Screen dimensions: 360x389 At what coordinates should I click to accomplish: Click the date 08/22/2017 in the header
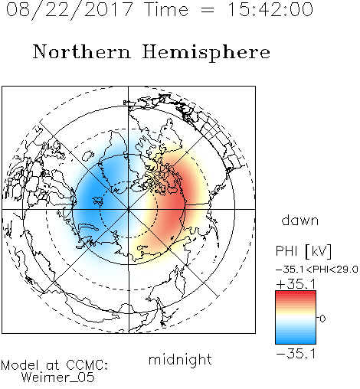tap(69, 10)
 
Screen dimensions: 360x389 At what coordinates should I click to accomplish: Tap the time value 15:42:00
tap(270, 9)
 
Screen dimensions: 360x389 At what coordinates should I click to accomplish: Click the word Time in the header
tap(166, 9)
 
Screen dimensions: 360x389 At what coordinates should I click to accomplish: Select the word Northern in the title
tap(82, 51)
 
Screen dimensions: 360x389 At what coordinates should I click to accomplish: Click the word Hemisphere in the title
tap(206, 53)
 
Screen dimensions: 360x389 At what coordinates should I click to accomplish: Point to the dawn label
tap(300, 220)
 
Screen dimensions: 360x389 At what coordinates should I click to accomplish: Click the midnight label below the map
tap(180, 360)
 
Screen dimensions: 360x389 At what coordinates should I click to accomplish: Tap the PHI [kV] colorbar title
tap(303, 251)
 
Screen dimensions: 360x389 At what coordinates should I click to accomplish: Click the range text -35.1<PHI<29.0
tap(317, 270)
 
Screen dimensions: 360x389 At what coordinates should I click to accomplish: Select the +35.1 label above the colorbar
tap(296, 284)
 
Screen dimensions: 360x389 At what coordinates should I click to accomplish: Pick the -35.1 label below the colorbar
tap(296, 354)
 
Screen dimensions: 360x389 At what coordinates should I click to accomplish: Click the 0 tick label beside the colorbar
tap(322, 319)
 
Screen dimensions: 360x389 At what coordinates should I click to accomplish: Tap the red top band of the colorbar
tap(296, 294)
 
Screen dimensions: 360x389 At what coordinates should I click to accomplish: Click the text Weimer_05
tap(58, 378)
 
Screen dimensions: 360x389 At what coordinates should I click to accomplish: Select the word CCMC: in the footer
tap(87, 365)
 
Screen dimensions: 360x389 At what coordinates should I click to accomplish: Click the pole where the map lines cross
tap(129, 209)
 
